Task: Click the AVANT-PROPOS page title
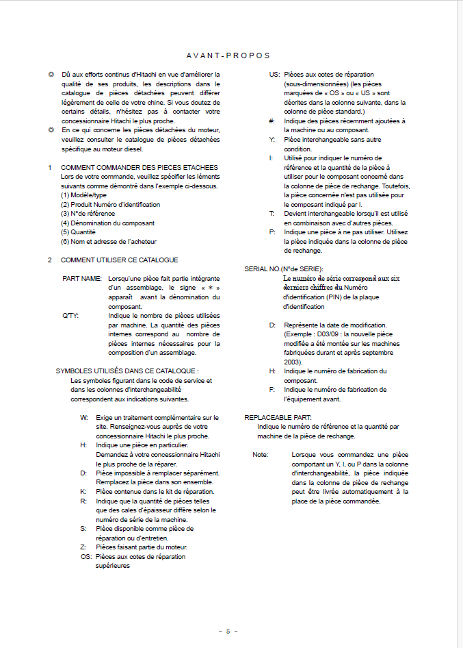[x=228, y=55]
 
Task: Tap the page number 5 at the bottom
[x=228, y=631]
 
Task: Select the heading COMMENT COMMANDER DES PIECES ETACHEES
[x=140, y=167]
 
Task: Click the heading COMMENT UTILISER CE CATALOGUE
[x=120, y=260]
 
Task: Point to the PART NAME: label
[x=82, y=279]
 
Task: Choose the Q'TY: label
[x=70, y=316]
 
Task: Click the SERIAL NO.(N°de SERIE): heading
[x=284, y=269]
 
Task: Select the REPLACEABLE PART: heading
[x=278, y=417]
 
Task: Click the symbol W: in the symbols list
[x=83, y=417]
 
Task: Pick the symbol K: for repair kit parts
[x=83, y=491]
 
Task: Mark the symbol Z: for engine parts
[x=83, y=547]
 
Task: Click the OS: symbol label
[x=85, y=556]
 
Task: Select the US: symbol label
[x=274, y=74]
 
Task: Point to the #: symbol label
[x=272, y=121]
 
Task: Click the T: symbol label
[x=272, y=213]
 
